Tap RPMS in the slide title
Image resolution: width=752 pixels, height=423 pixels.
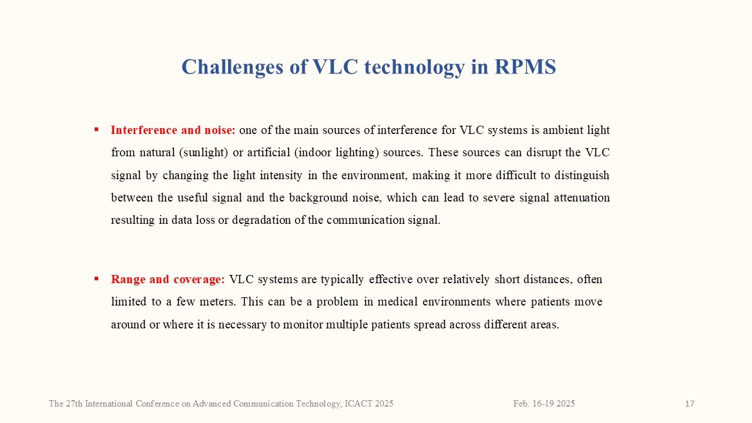click(x=525, y=66)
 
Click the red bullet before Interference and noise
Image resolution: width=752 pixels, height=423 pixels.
click(x=96, y=129)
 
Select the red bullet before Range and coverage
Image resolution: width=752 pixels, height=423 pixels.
click(x=96, y=278)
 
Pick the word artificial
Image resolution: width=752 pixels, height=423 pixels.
click(x=268, y=152)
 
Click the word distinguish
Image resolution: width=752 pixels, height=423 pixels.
click(x=582, y=176)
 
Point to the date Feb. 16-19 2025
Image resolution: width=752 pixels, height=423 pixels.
click(x=544, y=404)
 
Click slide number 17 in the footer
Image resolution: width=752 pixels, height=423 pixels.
click(x=690, y=404)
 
